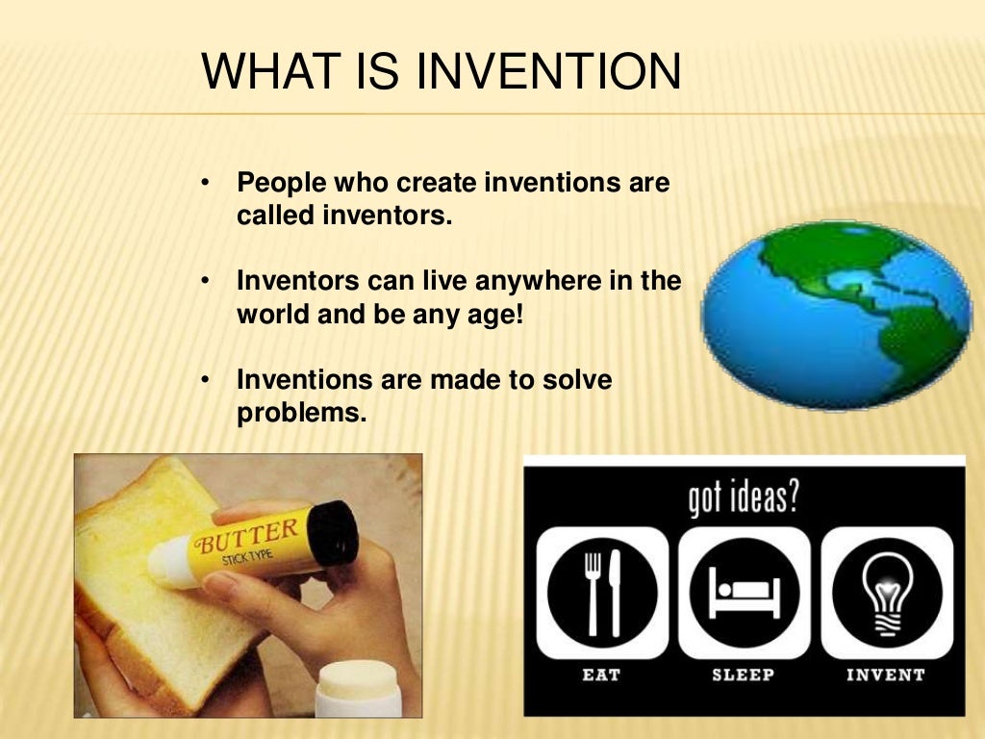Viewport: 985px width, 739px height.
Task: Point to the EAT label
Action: tap(602, 675)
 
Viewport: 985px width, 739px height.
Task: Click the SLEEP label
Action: tap(743, 675)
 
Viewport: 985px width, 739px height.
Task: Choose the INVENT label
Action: tap(885, 675)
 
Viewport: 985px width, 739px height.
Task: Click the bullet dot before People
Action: tap(205, 182)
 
